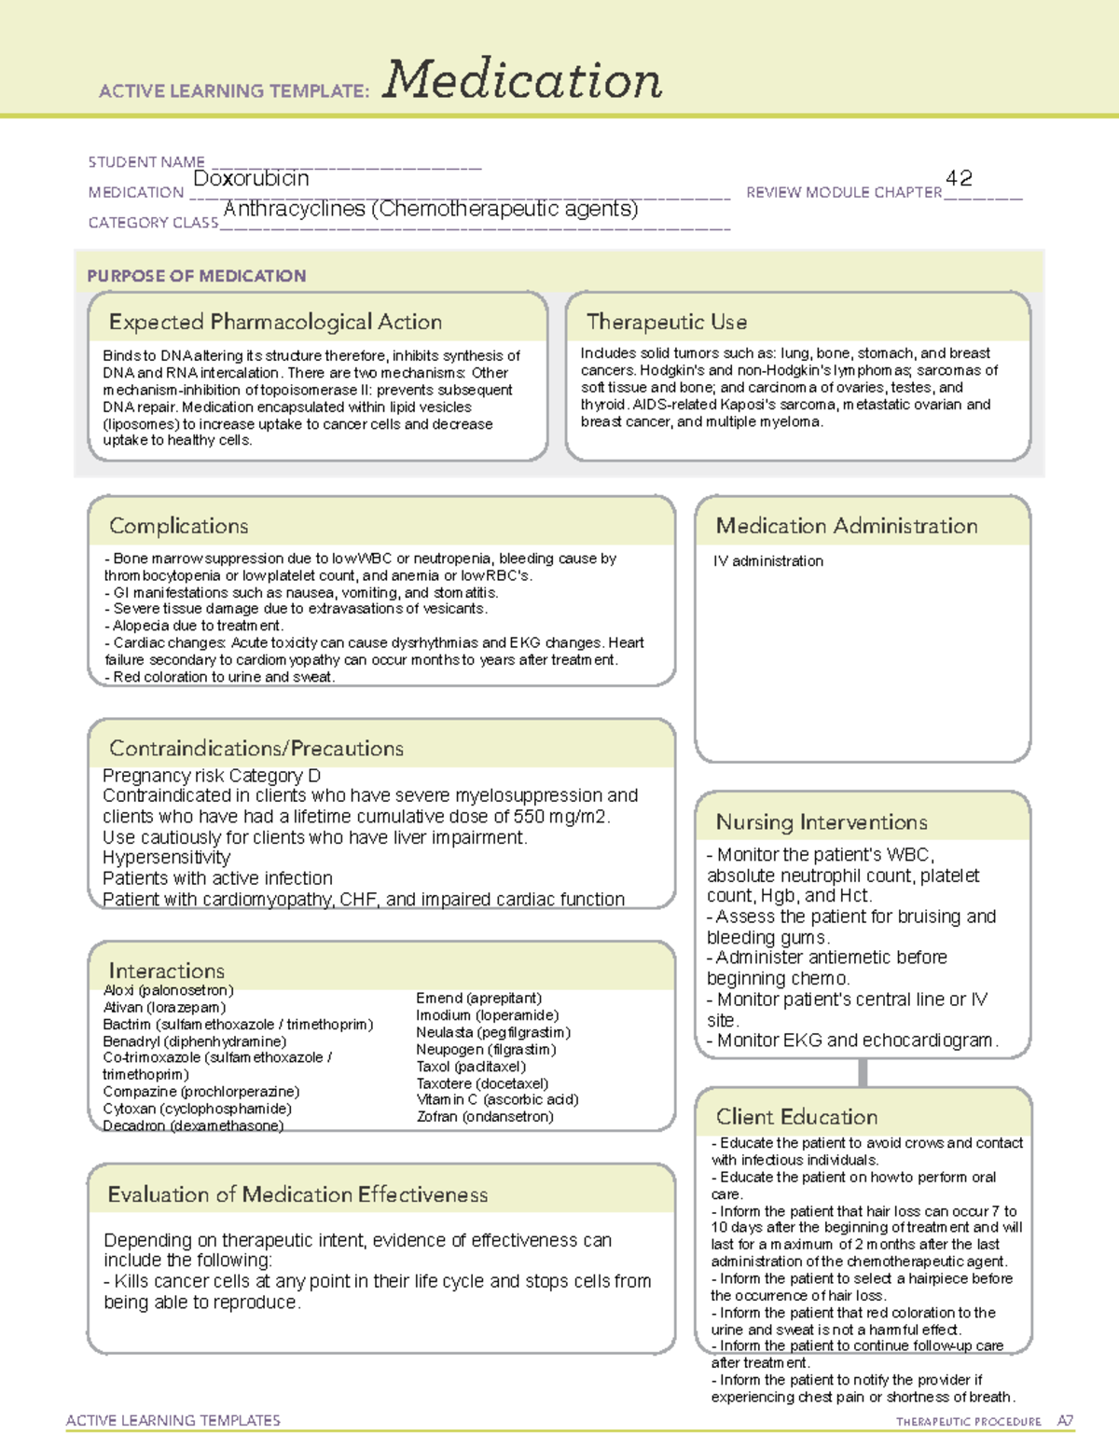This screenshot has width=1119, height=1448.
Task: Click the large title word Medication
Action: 522,80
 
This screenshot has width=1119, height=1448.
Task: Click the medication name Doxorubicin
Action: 251,178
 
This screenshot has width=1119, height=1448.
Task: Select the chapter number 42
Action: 959,177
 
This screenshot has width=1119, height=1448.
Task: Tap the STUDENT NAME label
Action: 146,162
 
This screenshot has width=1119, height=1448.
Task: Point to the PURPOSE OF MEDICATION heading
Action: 197,276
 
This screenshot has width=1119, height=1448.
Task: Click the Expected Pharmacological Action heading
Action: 275,322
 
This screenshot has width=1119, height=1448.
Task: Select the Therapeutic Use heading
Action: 667,322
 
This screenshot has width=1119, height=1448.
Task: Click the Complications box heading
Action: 179,526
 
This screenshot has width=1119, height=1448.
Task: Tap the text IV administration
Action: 768,561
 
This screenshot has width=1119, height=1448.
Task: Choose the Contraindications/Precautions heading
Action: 256,748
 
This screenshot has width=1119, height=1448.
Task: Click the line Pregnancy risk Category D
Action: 212,776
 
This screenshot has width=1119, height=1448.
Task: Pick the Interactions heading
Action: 167,970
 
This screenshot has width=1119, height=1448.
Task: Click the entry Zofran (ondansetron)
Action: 485,1117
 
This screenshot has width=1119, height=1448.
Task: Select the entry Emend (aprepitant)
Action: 478,999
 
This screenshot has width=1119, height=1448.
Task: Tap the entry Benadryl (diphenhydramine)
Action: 195,1041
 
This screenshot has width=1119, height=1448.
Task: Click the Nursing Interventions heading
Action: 822,822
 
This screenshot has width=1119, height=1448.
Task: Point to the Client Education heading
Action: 796,1117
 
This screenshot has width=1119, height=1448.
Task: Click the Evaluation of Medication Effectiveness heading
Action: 297,1194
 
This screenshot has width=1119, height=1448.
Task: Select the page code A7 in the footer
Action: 1065,1421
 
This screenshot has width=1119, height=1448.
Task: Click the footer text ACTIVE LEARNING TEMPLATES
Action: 173,1420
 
